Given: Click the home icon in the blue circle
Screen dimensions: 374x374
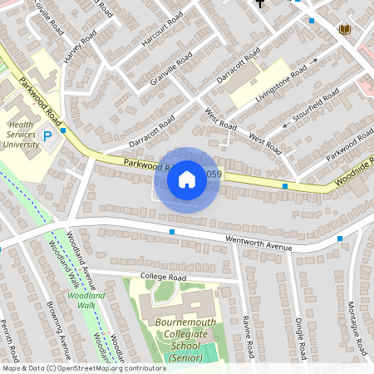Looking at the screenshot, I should pos(187,178).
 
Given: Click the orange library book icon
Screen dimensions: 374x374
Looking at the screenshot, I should pos(343,30).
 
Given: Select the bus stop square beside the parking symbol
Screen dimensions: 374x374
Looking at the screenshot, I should pos(63,130).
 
